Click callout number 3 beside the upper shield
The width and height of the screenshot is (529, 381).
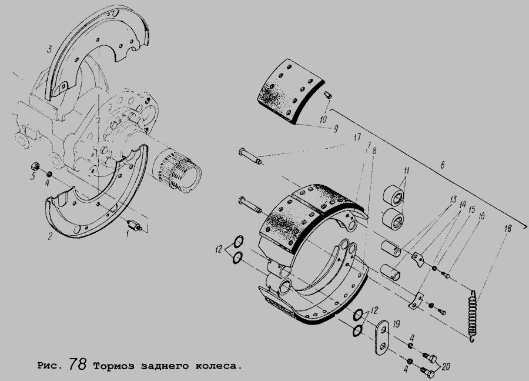(49, 49)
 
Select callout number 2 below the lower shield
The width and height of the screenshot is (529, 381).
(50, 236)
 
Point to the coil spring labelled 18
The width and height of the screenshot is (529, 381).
(473, 316)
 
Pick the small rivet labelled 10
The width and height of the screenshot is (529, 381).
(328, 95)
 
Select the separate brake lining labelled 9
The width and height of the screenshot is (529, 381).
(291, 90)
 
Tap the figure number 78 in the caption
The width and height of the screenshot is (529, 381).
(78, 363)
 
